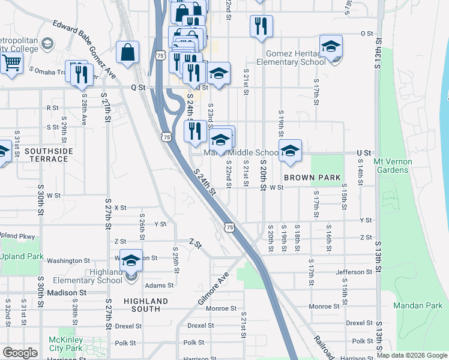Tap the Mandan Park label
pyautogui.click(x=418, y=305)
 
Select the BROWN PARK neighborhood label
pyautogui.click(x=312, y=178)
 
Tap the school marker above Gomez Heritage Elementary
pyautogui.click(x=331, y=46)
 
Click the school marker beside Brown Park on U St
pyautogui.click(x=290, y=151)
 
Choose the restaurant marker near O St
pyautogui.click(x=261, y=26)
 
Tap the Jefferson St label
pyautogui.click(x=354, y=272)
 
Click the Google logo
pyautogui.click(x=20, y=353)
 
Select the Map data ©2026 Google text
pyautogui.click(x=411, y=355)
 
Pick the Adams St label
pyautogui.click(x=159, y=286)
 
